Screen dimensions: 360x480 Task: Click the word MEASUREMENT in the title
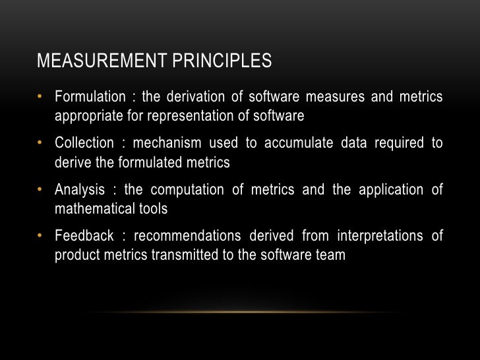coord(94,61)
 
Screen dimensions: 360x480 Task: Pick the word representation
coord(193,117)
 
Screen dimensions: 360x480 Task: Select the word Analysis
coord(80,190)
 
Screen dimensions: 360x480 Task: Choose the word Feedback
coord(82,236)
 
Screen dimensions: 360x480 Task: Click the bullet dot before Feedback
coord(41,236)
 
